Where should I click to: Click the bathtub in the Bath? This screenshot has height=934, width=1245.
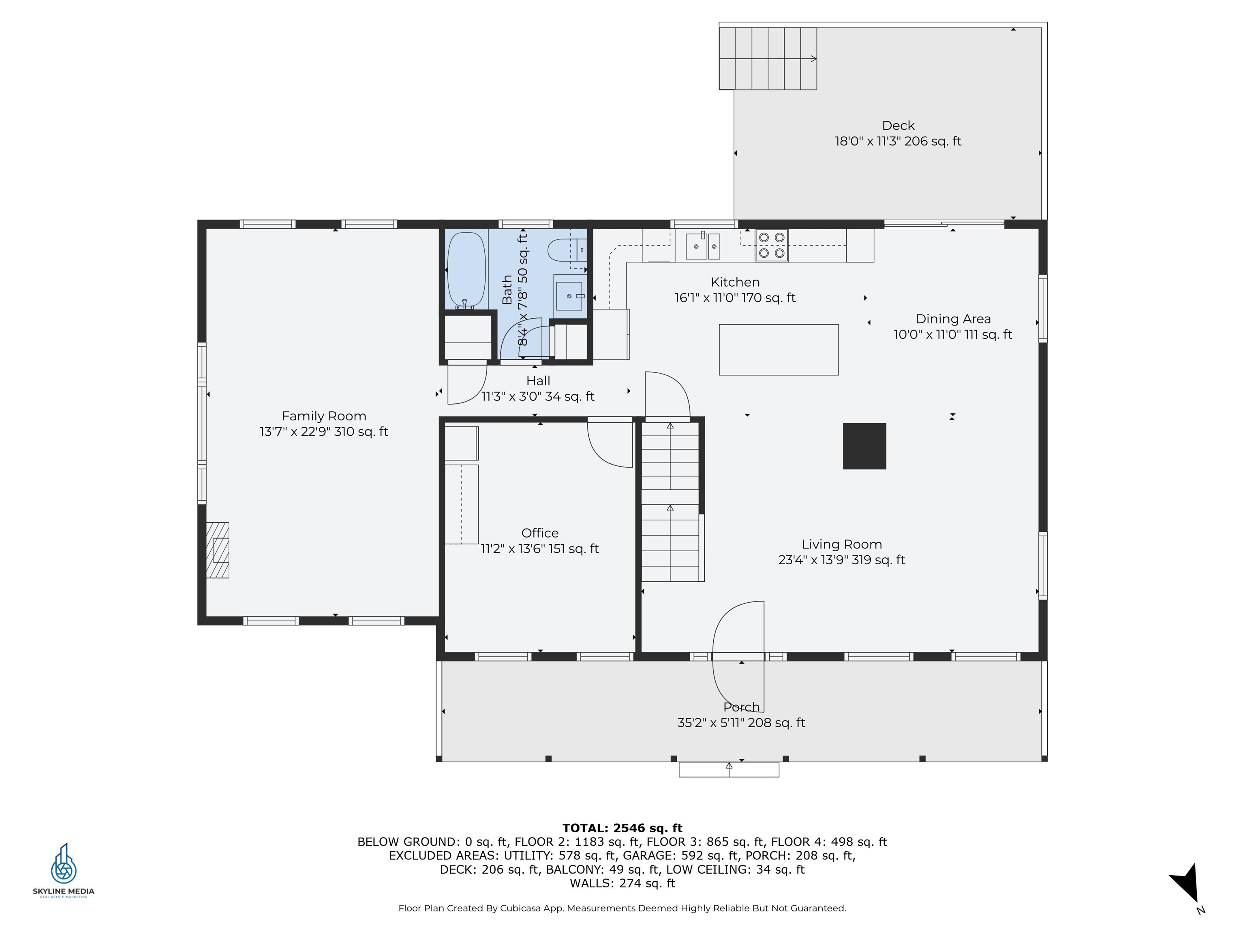pyautogui.click(x=466, y=270)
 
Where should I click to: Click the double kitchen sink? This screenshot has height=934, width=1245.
pyautogui.click(x=703, y=246)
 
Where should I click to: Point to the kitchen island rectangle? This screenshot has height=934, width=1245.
pyautogui.click(x=779, y=349)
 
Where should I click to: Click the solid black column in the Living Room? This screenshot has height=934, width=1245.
pyautogui.click(x=864, y=446)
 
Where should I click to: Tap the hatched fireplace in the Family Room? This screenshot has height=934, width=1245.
pyautogui.click(x=217, y=550)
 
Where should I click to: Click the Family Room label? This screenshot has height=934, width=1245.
pyautogui.click(x=324, y=416)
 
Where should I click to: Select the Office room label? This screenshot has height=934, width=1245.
pyautogui.click(x=540, y=533)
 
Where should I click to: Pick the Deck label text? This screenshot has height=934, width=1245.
pyautogui.click(x=898, y=126)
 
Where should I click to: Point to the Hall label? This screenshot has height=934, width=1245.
pyautogui.click(x=538, y=381)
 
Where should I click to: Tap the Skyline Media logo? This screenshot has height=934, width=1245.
pyautogui.click(x=64, y=870)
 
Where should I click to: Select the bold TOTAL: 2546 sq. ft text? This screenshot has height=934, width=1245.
pyautogui.click(x=622, y=828)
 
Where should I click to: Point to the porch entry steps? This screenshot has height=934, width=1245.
pyautogui.click(x=729, y=769)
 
